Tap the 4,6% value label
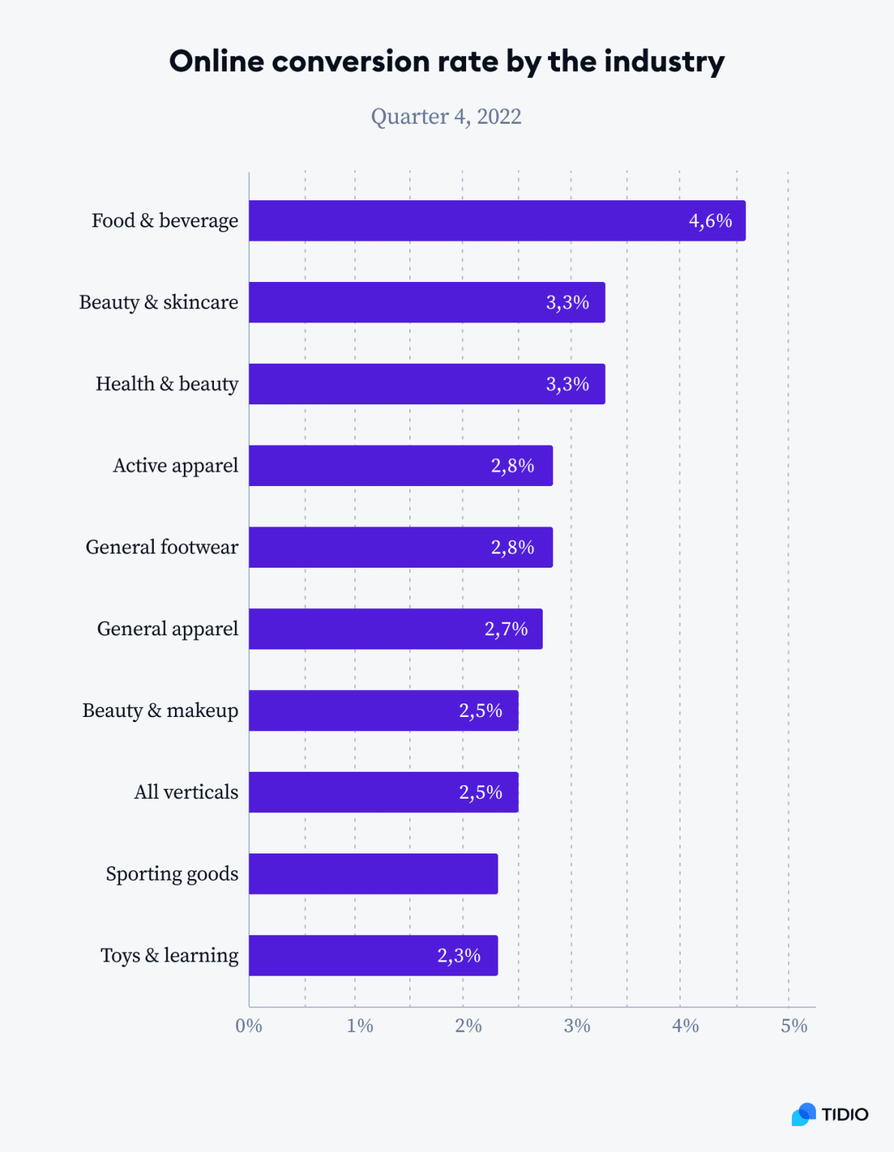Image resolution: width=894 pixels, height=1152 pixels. (x=710, y=220)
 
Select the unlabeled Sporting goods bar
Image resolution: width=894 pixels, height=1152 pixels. (x=373, y=874)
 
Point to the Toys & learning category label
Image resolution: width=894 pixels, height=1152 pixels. (x=170, y=955)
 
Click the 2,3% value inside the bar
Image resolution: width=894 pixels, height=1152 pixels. (x=459, y=955)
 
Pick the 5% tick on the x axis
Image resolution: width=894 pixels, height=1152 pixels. (x=793, y=1026)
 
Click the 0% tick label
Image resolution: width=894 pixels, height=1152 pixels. (x=248, y=1026)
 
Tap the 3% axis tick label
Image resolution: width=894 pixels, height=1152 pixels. (x=576, y=1026)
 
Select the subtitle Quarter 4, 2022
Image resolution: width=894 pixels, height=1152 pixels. (x=446, y=117)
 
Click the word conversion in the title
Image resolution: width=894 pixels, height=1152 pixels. (x=381, y=61)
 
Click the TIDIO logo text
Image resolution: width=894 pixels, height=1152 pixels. (x=844, y=1114)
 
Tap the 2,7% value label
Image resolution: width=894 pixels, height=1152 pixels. (x=506, y=628)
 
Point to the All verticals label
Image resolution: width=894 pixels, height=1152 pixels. (x=186, y=792)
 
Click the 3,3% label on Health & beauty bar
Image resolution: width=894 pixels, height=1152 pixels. (x=567, y=384)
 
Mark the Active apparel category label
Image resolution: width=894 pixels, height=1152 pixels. (x=176, y=466)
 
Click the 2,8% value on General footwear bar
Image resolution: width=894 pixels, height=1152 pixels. (x=513, y=547)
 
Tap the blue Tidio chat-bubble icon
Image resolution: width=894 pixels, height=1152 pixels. (x=803, y=1114)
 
